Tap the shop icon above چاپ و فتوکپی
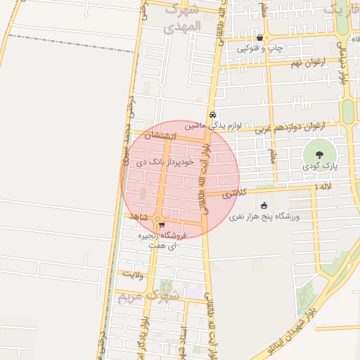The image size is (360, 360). tap(260, 38)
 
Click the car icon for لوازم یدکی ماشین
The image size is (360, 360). tap(213, 115)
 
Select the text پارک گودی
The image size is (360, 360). tap(321, 167)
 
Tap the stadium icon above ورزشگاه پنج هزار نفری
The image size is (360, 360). tap(264, 206)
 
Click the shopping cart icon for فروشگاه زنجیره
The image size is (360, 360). tap(162, 226)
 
